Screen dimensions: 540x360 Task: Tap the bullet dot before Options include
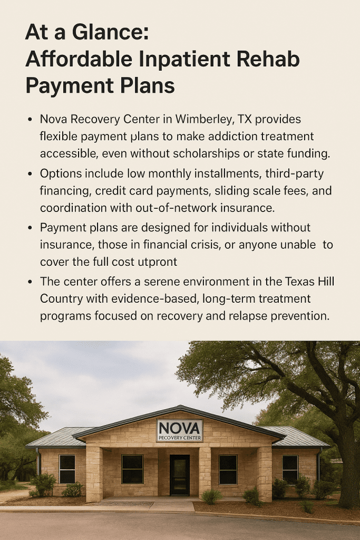pos(30,175)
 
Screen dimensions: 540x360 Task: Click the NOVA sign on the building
pos(179,430)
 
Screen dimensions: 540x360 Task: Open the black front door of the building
pos(179,475)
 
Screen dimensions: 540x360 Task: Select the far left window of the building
pos(67,468)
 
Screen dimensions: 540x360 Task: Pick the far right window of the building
pos(290,468)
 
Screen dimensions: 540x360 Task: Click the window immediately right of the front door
pos(228,469)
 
